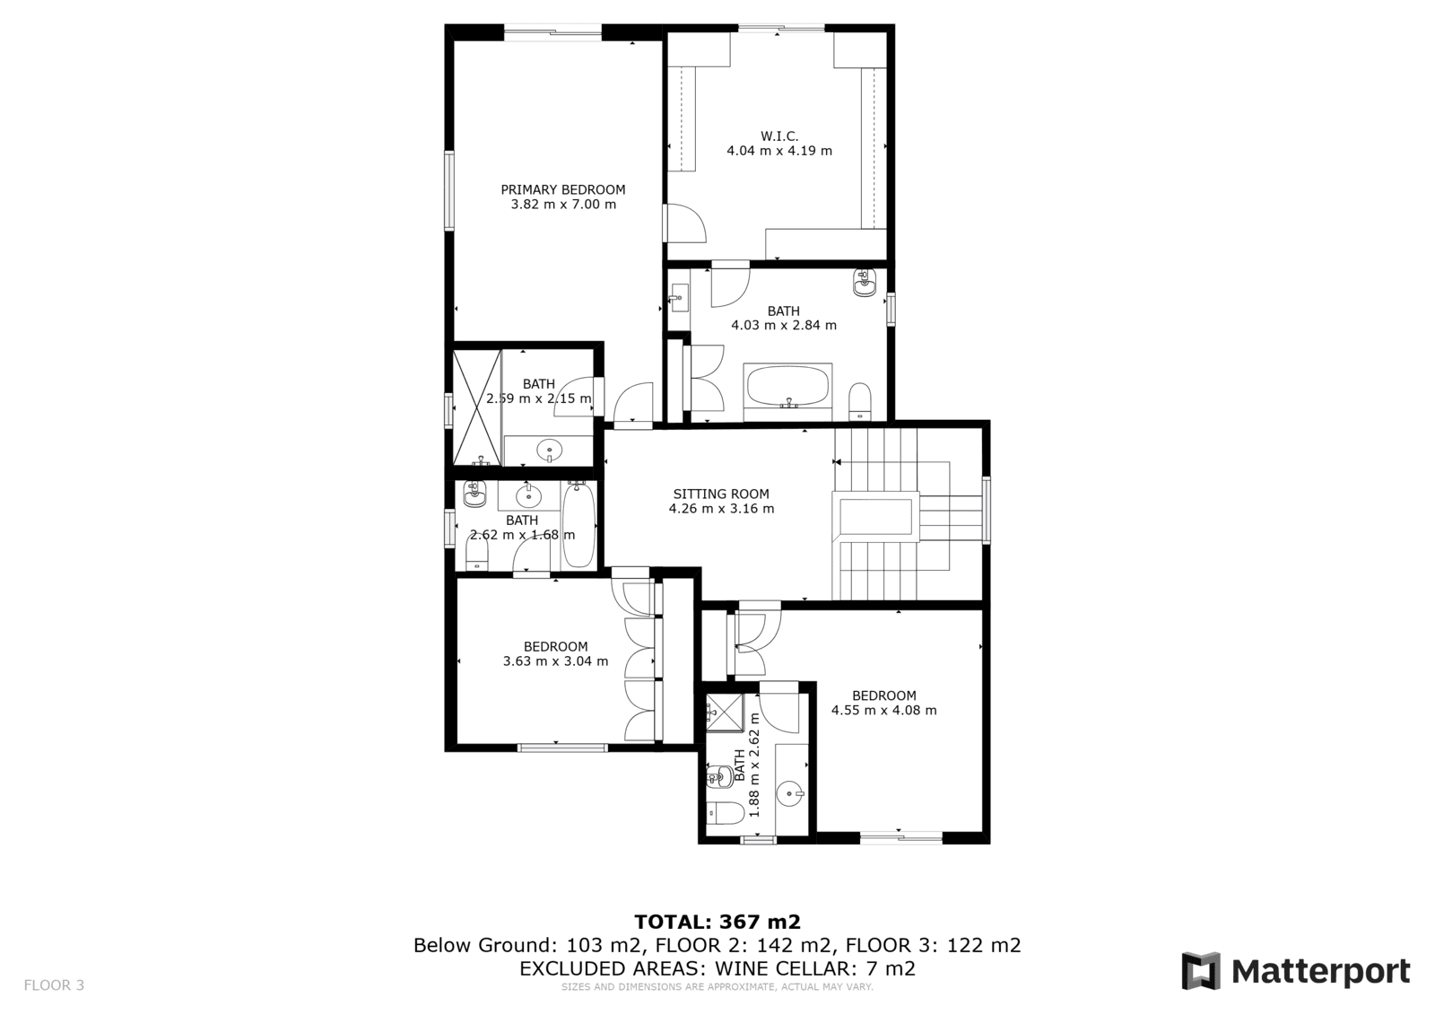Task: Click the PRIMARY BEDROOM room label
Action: point(563,189)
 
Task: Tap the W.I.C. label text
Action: point(779,136)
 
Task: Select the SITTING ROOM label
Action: point(721,494)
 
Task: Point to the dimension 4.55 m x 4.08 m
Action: point(884,711)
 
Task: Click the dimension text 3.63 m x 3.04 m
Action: point(555,661)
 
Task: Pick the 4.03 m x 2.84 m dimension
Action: point(784,325)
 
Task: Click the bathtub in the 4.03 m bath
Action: point(787,386)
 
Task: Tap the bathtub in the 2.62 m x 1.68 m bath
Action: point(578,524)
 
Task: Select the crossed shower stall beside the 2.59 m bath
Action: point(477,407)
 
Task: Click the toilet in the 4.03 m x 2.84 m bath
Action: point(860,401)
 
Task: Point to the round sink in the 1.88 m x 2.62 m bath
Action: point(790,794)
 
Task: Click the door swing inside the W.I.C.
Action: point(686,223)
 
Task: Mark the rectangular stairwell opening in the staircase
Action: point(875,517)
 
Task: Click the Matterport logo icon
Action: point(1201,971)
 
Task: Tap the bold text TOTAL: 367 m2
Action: point(717,922)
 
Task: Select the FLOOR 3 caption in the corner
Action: point(54,984)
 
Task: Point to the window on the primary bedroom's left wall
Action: point(449,190)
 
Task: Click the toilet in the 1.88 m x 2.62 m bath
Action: point(725,813)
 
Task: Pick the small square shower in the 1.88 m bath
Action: point(725,712)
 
